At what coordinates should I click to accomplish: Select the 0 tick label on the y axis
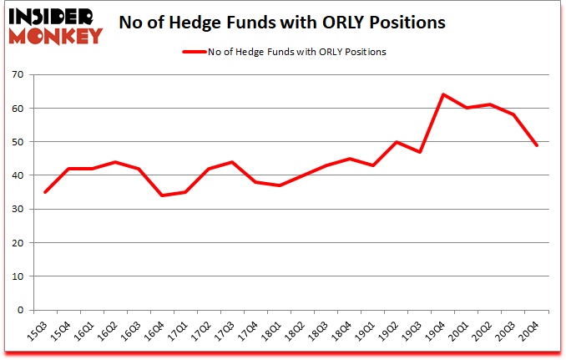19,310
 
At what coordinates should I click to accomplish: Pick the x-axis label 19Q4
437,332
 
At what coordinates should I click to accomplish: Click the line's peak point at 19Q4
442,94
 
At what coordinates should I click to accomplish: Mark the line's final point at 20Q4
536,145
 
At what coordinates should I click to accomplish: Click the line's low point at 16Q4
161,195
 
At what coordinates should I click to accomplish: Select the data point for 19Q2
396,142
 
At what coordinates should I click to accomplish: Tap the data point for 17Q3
231,162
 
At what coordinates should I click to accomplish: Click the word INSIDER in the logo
53,16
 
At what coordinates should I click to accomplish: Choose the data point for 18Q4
349,159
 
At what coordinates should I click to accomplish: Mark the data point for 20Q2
489,104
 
